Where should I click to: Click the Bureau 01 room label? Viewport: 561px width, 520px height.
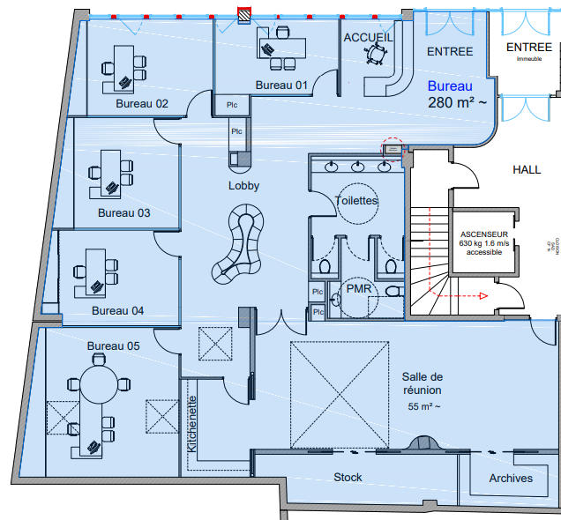click(281, 85)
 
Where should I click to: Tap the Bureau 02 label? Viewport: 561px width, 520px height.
click(142, 103)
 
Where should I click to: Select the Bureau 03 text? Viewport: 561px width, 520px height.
click(123, 212)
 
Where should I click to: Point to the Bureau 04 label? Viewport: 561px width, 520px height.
click(117, 310)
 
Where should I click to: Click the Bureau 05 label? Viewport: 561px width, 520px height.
click(114, 345)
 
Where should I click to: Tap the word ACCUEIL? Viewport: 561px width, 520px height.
click(368, 37)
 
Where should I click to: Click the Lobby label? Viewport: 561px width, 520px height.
click(243, 186)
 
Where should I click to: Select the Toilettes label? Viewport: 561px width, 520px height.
click(356, 200)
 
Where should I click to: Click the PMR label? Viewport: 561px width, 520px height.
click(358, 288)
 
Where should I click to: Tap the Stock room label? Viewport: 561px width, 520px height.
click(348, 477)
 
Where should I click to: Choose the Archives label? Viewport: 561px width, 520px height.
click(510, 478)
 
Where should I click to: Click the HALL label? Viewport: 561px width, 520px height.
click(527, 169)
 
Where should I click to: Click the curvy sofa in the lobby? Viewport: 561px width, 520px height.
click(240, 242)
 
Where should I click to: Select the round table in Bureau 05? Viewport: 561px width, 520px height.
click(97, 385)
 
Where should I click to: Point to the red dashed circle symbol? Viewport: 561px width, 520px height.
click(392, 147)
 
